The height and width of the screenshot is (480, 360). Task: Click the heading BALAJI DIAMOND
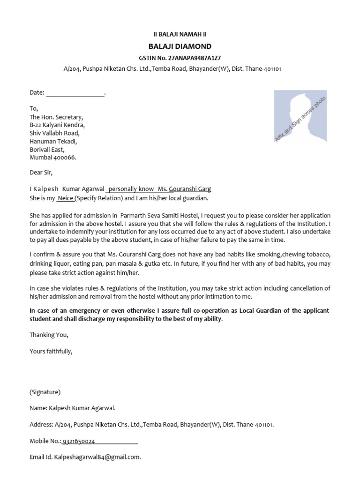180,46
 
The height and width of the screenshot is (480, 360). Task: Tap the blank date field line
75,93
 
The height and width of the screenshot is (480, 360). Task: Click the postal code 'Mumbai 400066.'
53,157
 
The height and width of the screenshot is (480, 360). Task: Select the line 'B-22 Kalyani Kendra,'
57,125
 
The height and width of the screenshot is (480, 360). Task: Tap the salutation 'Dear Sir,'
41,173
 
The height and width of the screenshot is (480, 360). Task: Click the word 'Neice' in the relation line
66,198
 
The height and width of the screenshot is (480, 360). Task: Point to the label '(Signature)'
45,392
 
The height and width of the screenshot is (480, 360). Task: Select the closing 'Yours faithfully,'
51,351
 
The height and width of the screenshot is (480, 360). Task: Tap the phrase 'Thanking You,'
49,335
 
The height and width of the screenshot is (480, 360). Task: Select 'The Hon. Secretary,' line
56,117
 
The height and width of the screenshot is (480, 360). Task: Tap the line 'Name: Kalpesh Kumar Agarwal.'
73,408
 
